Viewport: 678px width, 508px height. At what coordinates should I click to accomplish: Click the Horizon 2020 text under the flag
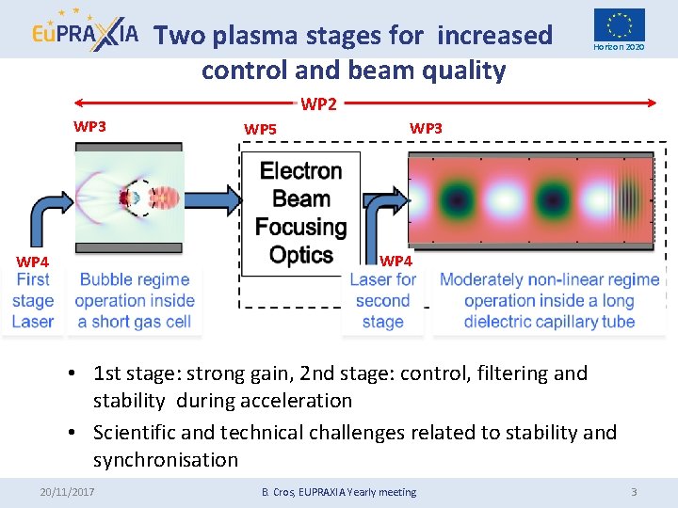click(619, 47)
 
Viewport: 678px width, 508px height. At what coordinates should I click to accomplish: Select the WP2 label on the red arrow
click(318, 104)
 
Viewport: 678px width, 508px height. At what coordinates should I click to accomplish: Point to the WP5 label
click(260, 129)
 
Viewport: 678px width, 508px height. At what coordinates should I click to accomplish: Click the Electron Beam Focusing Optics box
click(300, 213)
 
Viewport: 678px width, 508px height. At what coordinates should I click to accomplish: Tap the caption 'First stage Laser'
click(33, 300)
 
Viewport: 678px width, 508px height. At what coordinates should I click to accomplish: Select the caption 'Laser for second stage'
click(382, 300)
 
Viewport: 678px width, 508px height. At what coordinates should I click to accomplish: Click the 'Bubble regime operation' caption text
click(135, 300)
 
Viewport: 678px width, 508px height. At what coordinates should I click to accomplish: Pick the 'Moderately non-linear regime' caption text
click(549, 300)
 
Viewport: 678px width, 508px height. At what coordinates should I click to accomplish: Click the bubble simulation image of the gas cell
click(128, 198)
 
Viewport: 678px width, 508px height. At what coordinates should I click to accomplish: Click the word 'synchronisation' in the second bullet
click(166, 460)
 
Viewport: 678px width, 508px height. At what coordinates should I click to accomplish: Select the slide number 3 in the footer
click(634, 491)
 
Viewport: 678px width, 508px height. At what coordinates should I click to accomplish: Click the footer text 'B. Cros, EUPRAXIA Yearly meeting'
click(338, 491)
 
